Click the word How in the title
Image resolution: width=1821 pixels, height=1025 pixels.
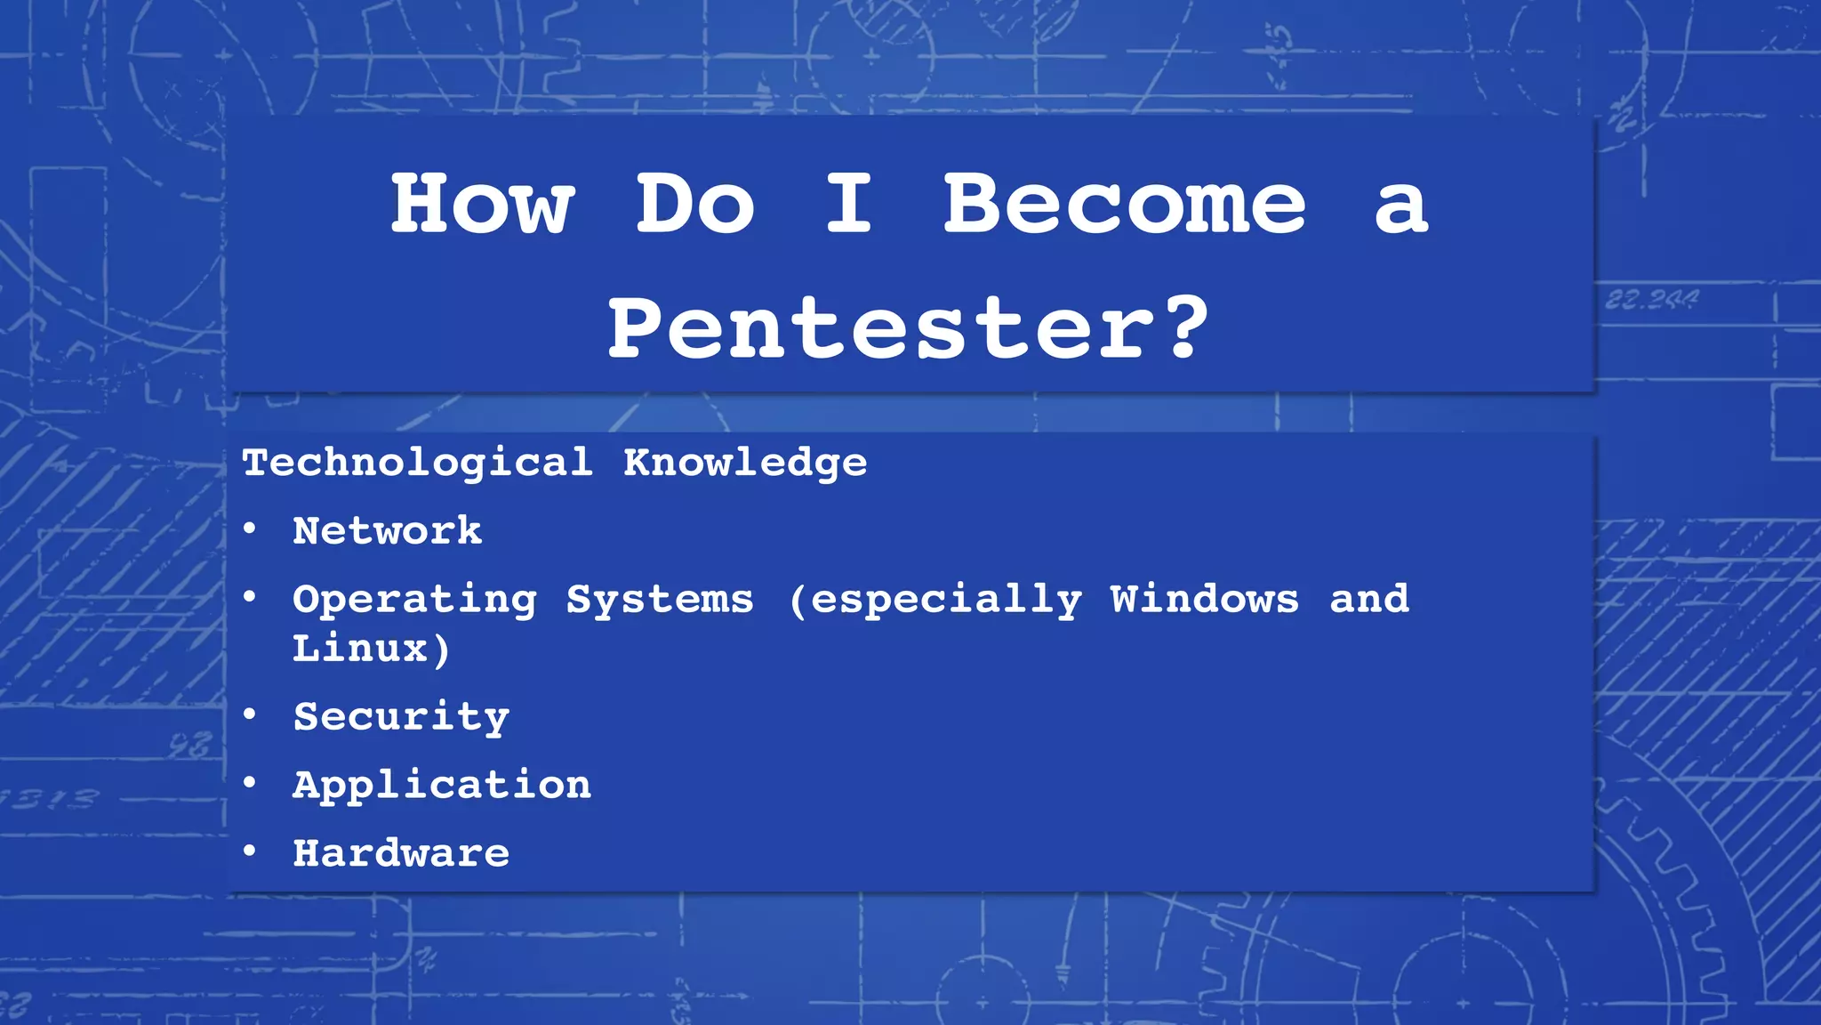(482, 205)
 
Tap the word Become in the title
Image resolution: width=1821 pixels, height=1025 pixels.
(1124, 205)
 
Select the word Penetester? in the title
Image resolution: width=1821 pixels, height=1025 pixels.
(909, 329)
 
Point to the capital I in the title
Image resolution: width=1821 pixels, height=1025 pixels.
(848, 205)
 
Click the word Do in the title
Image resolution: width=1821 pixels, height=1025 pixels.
(695, 205)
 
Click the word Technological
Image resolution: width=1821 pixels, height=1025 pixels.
(417, 463)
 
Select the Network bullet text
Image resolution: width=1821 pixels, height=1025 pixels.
(388, 531)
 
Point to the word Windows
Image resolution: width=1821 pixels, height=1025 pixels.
(1204, 599)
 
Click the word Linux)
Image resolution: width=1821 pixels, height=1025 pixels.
(372, 649)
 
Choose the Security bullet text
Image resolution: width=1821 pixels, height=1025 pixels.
(401, 717)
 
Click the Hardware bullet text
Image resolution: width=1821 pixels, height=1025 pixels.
(401, 853)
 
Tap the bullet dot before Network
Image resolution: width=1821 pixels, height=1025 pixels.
(250, 529)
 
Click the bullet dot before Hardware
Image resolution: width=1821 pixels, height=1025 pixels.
(250, 851)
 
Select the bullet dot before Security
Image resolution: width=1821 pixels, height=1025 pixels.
(250, 714)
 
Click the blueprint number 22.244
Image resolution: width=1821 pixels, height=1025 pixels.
(1651, 300)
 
